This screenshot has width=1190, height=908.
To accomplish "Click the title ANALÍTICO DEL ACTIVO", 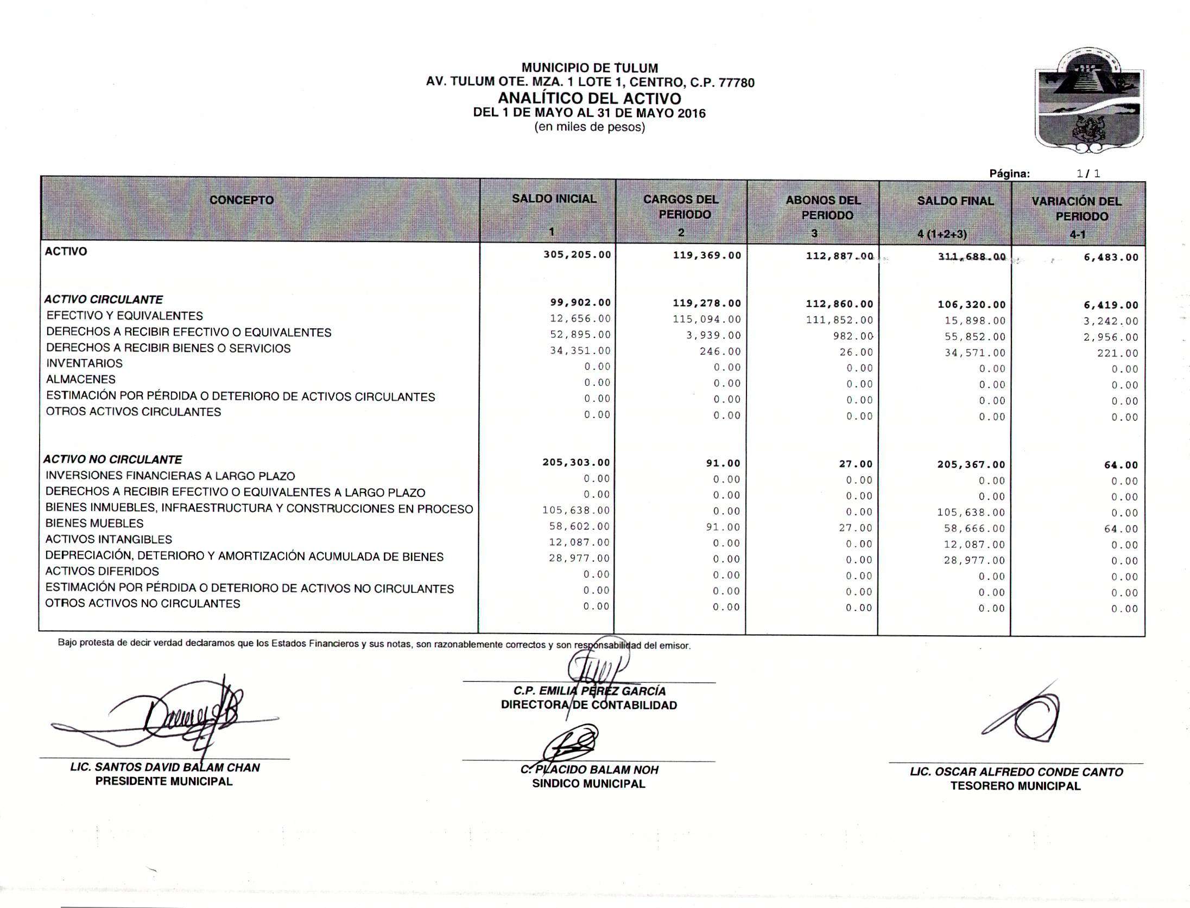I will (x=590, y=99).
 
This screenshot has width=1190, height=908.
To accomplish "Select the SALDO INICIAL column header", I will (x=554, y=199).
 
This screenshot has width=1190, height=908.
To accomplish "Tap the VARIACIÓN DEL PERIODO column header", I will (x=1077, y=209).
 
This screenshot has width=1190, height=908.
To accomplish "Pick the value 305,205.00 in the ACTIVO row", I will (x=577, y=254).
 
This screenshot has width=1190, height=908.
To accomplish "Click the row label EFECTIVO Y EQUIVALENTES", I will (x=125, y=316).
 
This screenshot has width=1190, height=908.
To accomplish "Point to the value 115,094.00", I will (x=707, y=319).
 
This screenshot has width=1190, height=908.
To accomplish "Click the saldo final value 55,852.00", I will (x=975, y=337).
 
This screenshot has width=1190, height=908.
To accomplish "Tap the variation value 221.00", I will (x=1117, y=354).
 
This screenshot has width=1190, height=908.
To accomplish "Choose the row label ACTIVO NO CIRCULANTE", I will (x=113, y=459).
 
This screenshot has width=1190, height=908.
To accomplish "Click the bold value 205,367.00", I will (x=971, y=464).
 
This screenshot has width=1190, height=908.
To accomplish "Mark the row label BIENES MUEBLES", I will (x=94, y=523).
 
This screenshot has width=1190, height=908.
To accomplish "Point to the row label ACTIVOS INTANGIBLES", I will (x=109, y=540).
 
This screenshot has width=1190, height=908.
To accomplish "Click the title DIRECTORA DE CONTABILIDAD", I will (x=589, y=705).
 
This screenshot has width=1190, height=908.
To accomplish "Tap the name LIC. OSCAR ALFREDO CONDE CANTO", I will (x=1016, y=772).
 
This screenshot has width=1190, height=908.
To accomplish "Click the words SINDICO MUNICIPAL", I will (x=588, y=784).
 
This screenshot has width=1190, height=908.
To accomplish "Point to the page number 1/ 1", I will (x=1088, y=174).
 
